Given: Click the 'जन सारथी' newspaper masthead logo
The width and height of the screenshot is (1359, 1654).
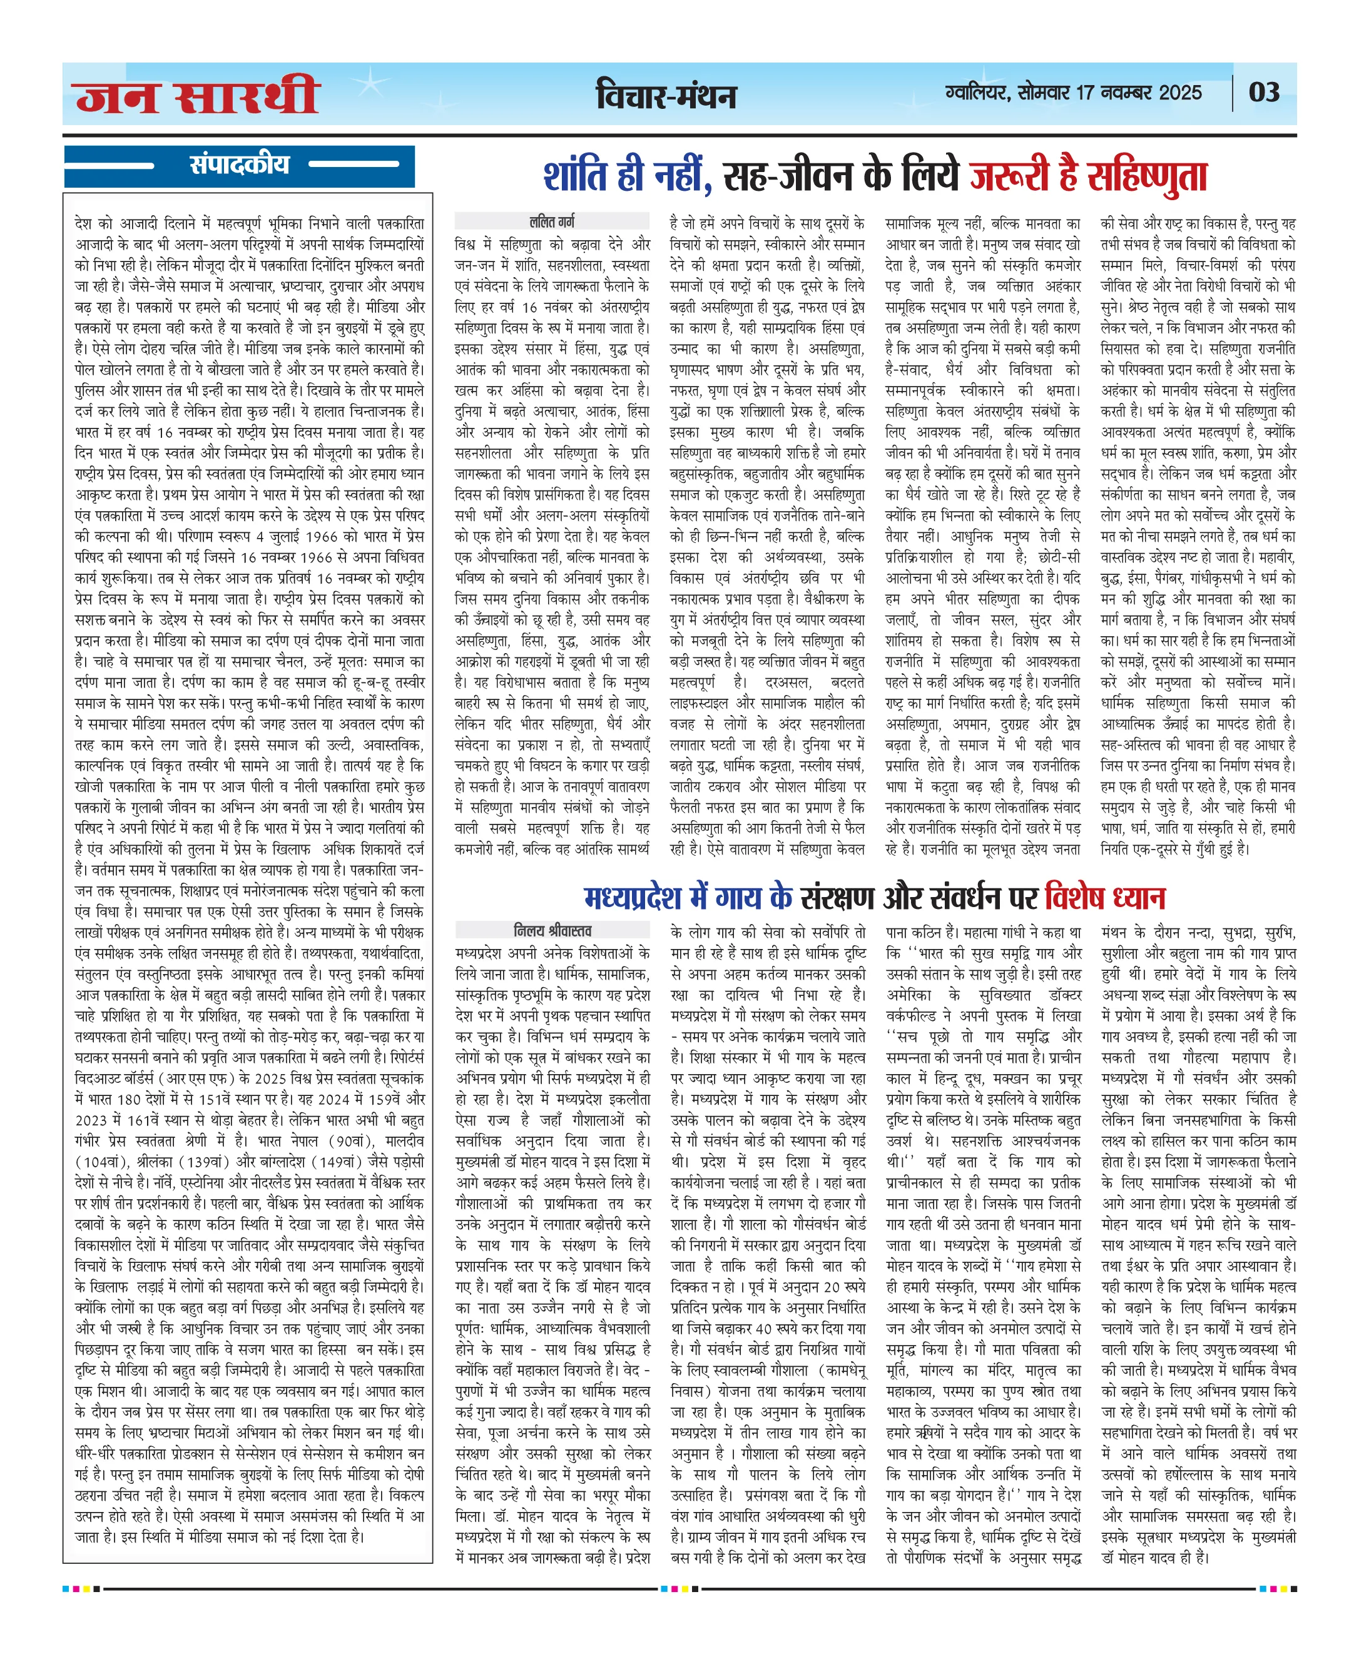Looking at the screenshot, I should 197,96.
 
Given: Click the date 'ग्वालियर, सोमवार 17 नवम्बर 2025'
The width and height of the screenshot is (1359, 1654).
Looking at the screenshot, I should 1072,93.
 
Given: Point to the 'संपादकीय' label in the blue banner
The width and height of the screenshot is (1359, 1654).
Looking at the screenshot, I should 240,165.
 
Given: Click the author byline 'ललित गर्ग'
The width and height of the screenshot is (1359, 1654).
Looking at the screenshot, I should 552,221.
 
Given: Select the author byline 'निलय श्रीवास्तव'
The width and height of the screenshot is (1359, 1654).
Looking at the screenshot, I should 552,930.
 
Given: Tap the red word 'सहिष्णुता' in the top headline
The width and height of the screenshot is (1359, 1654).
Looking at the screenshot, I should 1147,177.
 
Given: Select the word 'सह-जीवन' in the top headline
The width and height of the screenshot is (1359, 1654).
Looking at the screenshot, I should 788,177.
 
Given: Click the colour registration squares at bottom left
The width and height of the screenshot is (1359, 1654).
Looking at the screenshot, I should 81,1589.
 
